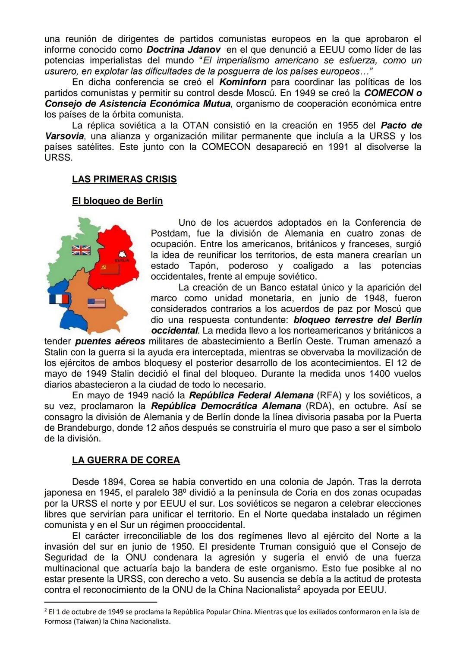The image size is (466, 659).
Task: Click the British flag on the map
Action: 81,250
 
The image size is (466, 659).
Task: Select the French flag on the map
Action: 59,299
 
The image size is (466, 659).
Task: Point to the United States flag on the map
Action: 96,303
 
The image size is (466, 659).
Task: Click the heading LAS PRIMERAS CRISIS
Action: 124,179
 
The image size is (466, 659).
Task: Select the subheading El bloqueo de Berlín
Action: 117,201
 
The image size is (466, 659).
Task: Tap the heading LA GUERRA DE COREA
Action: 126,460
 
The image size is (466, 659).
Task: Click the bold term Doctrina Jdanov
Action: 184,50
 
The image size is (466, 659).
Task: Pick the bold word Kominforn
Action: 243,82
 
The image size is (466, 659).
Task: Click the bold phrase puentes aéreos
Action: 110,341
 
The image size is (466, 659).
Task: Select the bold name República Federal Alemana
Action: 251,395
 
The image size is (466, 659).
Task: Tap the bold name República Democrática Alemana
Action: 226,406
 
